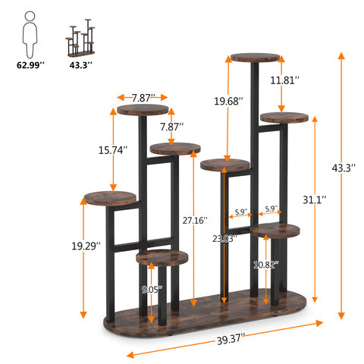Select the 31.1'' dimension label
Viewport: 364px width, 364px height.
(315, 199)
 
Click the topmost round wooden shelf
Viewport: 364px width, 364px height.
(255, 58)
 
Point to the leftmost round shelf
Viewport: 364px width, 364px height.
(111, 198)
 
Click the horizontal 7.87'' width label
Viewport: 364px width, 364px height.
(143, 97)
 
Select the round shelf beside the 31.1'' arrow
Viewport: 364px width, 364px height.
(283, 118)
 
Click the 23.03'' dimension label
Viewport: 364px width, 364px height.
(225, 238)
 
